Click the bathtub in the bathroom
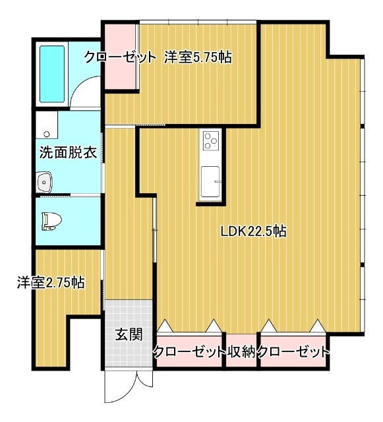pos(52,74)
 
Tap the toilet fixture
pos(51,222)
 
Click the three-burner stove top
pos(210,140)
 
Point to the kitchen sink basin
pos(210,181)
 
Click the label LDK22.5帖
pos(253,231)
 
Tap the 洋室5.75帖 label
pos(198,57)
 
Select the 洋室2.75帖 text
pos(51,283)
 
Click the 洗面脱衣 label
pos(68,152)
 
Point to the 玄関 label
pos(129,335)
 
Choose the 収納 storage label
pos(241,351)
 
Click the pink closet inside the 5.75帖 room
pos(120,57)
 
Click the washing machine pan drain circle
pos(47,134)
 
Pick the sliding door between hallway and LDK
pos(154,229)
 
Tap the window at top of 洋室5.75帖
pos(198,22)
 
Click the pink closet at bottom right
pos(293,351)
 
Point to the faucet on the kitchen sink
pos(218,182)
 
